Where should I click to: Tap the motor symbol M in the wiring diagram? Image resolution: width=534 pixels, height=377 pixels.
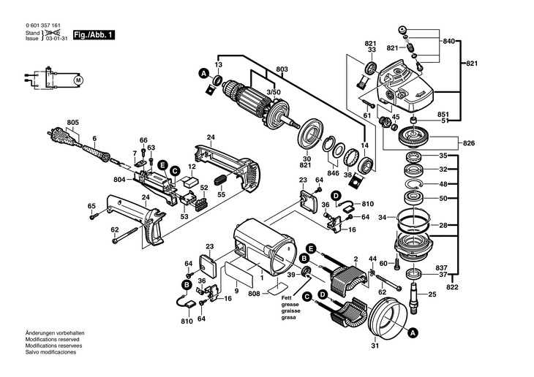point(80,78)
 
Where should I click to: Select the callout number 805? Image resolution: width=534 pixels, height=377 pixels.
point(72,122)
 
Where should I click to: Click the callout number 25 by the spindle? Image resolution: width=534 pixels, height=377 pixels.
point(432,294)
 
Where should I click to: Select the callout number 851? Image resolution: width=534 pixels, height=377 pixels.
point(443,114)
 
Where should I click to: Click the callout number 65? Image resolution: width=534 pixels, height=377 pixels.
point(92,205)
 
